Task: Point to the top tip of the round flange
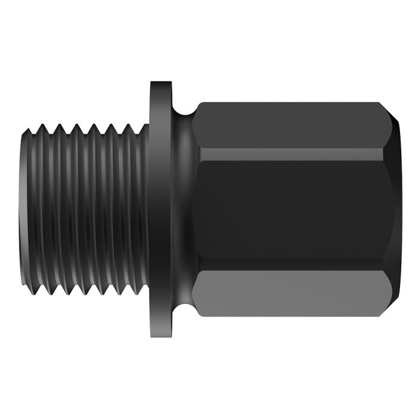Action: coord(160,82)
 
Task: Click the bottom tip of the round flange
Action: coord(160,336)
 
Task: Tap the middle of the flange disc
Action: coord(160,209)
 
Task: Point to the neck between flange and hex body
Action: coord(185,209)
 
